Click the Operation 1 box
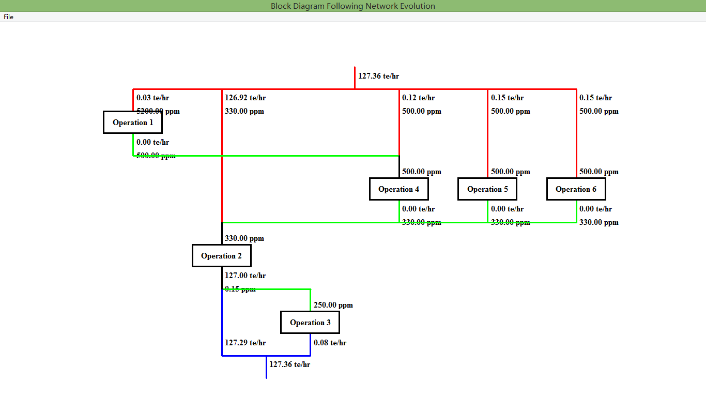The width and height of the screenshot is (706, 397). (133, 123)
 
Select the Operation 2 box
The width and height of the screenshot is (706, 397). (221, 256)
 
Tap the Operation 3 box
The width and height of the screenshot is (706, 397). (310, 323)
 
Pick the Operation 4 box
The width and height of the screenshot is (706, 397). (398, 189)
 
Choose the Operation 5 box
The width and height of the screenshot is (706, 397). (487, 189)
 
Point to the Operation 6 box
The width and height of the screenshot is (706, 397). (576, 189)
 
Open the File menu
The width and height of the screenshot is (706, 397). (8, 17)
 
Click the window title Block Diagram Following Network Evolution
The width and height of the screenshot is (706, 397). (353, 6)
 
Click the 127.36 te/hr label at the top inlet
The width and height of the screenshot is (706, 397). (378, 76)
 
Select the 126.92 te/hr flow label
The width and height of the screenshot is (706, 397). (245, 98)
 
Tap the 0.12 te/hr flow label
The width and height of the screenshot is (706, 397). (418, 98)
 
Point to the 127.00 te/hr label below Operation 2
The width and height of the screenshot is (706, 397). (245, 276)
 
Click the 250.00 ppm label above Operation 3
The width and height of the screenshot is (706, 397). (333, 305)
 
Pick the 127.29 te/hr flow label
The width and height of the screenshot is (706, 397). (245, 343)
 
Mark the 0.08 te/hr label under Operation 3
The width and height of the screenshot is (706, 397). (330, 343)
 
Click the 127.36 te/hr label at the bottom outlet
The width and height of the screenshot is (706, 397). (289, 364)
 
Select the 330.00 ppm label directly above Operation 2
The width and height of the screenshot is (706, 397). (244, 238)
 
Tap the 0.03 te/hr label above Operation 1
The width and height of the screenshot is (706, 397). (152, 98)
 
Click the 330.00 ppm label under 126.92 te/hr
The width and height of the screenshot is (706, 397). (244, 111)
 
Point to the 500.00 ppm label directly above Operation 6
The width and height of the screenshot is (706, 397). (598, 172)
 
